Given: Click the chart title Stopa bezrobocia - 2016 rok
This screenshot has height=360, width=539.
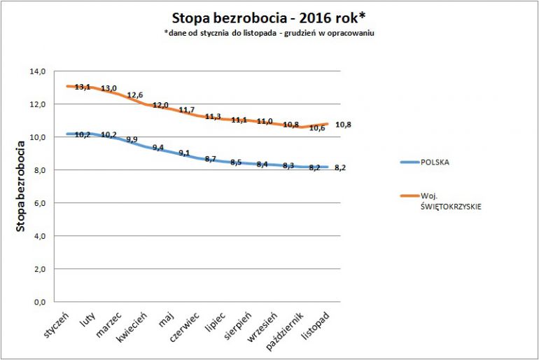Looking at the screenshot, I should [269, 18].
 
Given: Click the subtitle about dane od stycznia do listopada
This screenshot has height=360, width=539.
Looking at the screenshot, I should [269, 34].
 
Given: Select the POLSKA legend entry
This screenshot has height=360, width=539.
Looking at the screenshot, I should [435, 162].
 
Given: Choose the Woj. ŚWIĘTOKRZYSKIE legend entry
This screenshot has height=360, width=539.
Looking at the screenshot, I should [448, 200].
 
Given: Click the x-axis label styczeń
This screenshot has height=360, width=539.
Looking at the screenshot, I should [55, 326].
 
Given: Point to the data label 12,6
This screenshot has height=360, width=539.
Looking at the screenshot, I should [134, 96].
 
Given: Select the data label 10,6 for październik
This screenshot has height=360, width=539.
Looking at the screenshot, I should [316, 128].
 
